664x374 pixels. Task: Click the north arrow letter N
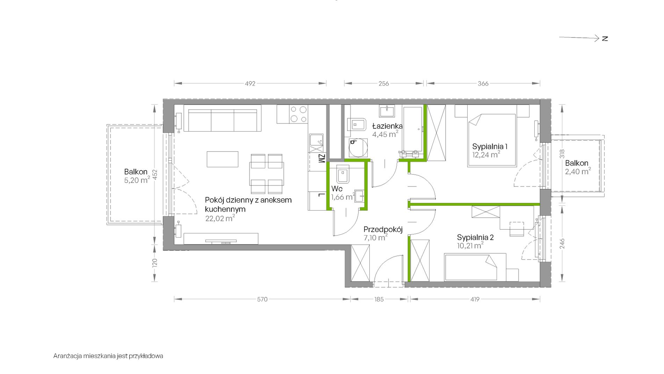pyautogui.click(x=605, y=38)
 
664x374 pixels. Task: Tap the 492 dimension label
pyautogui.click(x=250, y=84)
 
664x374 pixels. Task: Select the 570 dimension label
pyautogui.click(x=262, y=299)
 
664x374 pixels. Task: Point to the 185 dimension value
pyautogui.click(x=379, y=299)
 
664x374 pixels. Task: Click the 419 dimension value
pyautogui.click(x=475, y=299)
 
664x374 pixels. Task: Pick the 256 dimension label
pyautogui.click(x=384, y=84)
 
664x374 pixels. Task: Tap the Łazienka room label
pyautogui.click(x=387, y=126)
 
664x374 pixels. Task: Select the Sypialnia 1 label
pyautogui.click(x=490, y=146)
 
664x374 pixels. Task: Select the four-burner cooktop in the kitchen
pyautogui.click(x=299, y=114)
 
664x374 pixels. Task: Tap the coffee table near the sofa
pyautogui.click(x=223, y=159)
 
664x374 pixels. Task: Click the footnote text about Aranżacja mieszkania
pyautogui.click(x=108, y=356)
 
